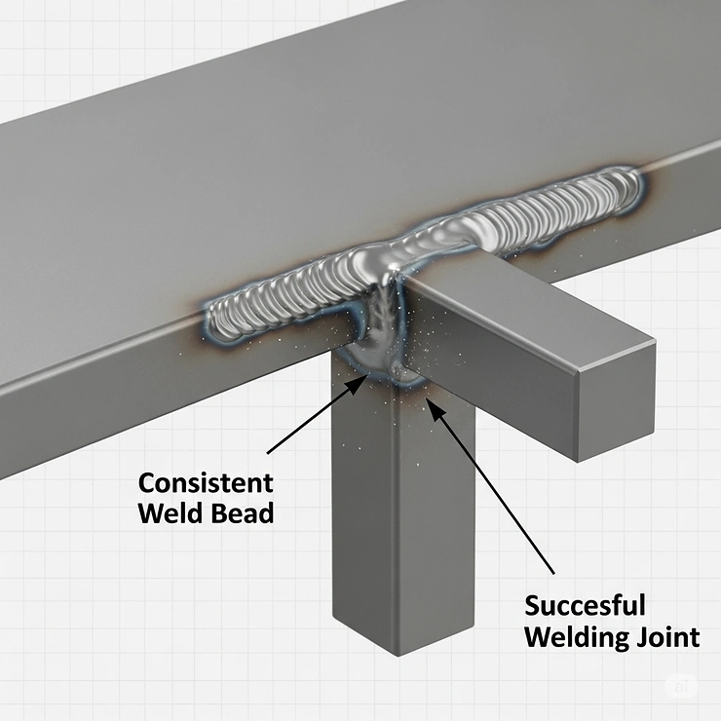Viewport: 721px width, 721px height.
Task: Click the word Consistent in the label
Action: click(206, 482)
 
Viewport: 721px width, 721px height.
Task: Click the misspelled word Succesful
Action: click(585, 606)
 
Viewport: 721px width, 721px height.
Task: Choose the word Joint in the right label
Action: click(669, 638)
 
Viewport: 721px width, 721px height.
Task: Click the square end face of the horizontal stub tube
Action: click(612, 398)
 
